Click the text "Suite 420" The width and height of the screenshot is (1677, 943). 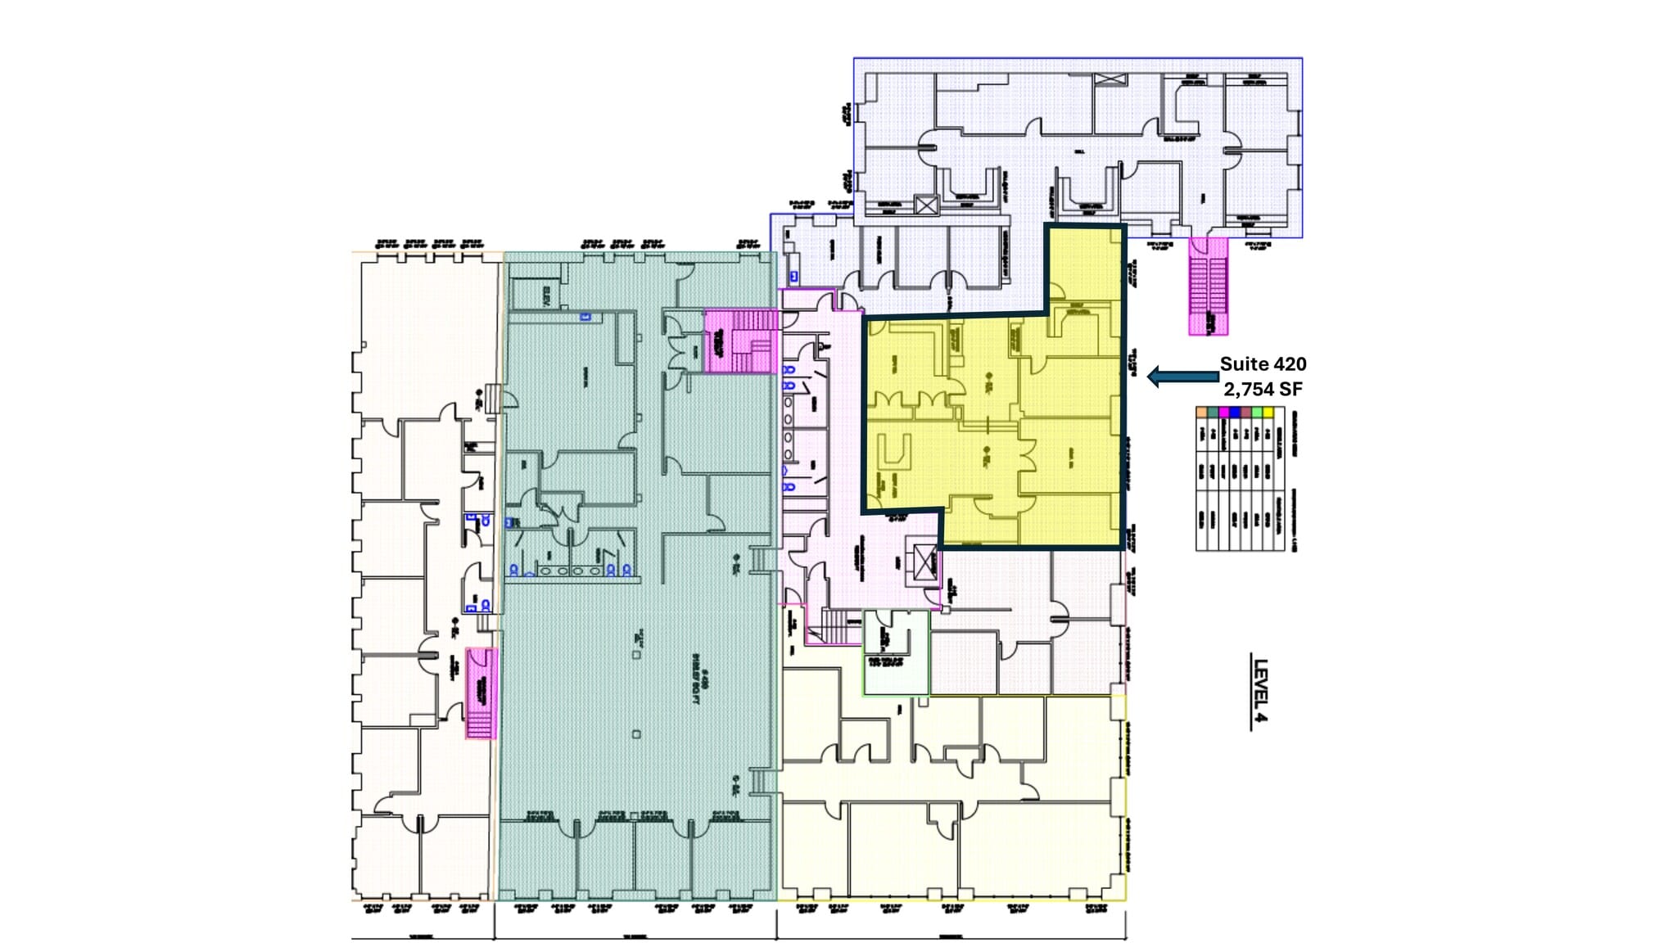click(x=1263, y=364)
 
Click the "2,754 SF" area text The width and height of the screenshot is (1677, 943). click(x=1263, y=389)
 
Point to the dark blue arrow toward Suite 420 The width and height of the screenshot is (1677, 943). click(x=1182, y=377)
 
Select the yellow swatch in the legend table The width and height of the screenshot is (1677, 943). click(x=1268, y=412)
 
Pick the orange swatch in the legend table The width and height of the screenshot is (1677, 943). click(x=1201, y=412)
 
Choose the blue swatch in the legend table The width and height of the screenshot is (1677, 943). click(x=1235, y=412)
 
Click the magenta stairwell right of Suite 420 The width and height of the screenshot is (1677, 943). click(x=1208, y=287)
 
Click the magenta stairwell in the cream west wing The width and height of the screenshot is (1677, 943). click(x=481, y=693)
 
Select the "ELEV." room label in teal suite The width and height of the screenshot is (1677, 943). click(x=546, y=296)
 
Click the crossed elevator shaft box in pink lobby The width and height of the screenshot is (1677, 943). click(x=924, y=563)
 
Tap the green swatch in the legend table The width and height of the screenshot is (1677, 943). click(x=1257, y=412)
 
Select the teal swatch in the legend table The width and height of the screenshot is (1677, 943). click(x=1213, y=412)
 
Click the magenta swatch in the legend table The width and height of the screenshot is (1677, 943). click(x=1224, y=412)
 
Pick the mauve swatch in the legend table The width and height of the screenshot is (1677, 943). click(x=1246, y=412)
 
